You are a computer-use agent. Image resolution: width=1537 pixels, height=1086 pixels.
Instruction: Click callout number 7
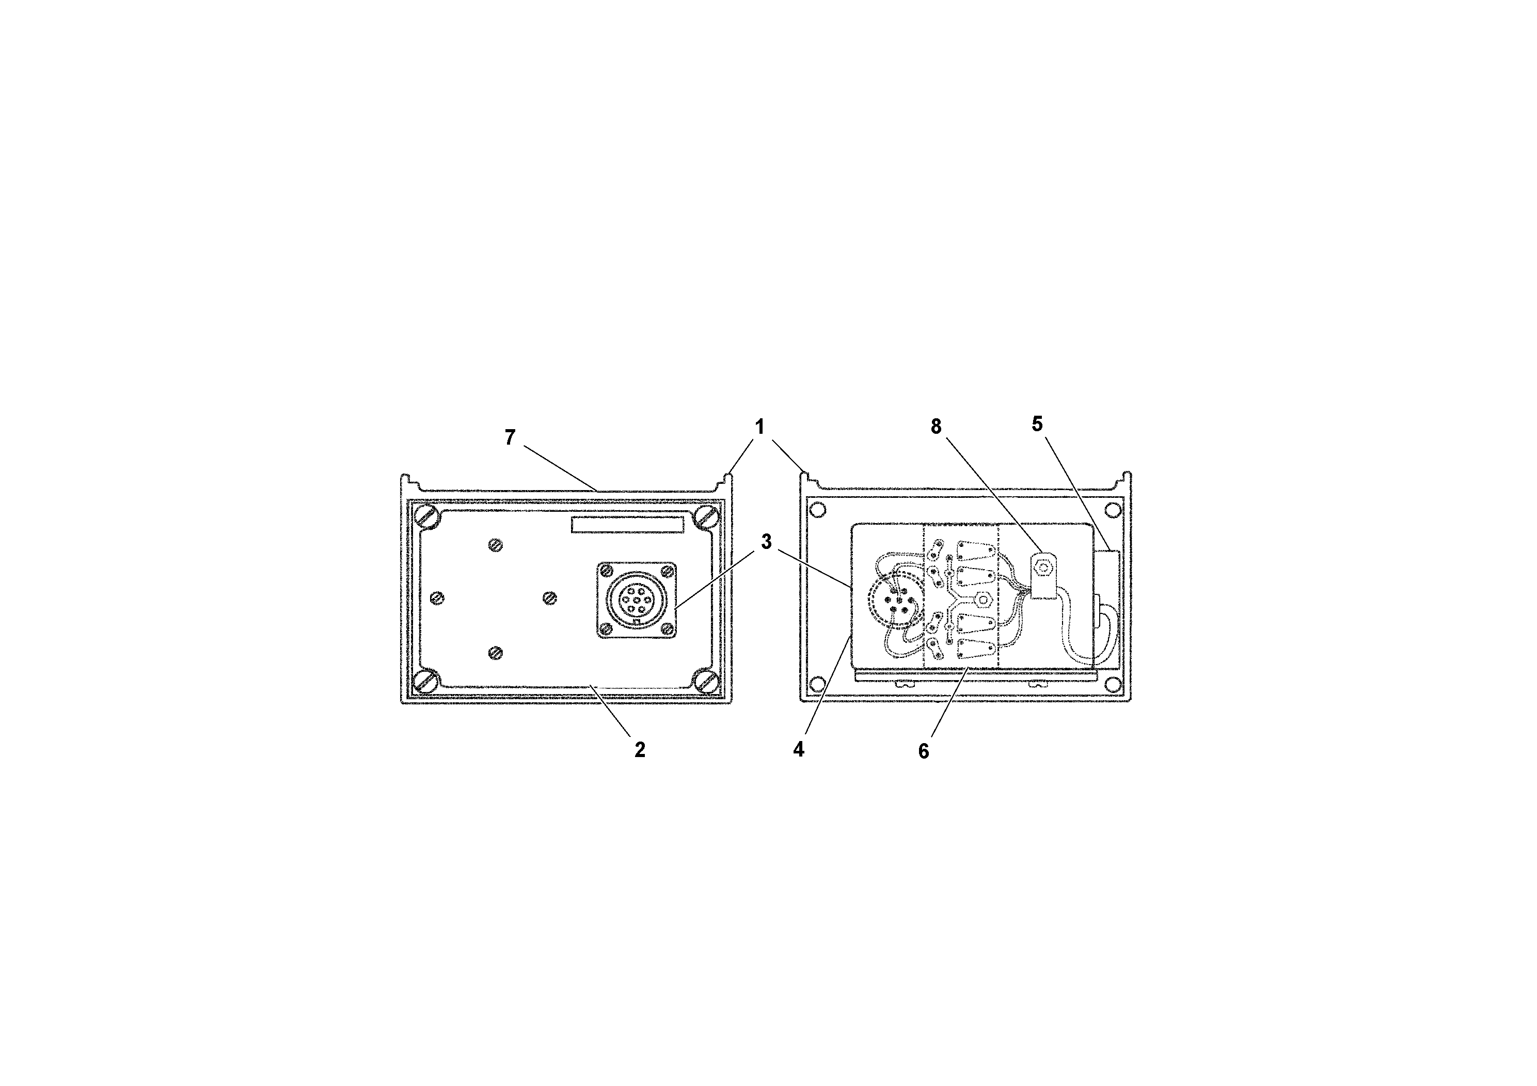(510, 438)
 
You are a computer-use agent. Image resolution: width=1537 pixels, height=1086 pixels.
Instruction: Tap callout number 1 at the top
(760, 427)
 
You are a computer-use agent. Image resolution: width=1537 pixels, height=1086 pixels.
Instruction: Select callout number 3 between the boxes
(767, 542)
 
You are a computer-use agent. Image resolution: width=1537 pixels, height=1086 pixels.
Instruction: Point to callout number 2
(640, 750)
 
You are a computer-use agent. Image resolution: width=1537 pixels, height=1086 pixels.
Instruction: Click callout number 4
(799, 749)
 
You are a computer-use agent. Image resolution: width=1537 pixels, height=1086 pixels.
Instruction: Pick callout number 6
(924, 751)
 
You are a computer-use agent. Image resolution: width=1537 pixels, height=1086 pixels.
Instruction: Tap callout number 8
(937, 427)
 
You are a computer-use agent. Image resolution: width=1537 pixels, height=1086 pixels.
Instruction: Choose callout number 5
(1037, 424)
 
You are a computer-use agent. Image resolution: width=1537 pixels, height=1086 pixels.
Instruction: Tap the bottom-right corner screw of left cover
(707, 682)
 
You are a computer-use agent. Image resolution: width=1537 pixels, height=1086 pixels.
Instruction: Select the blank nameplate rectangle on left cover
(628, 524)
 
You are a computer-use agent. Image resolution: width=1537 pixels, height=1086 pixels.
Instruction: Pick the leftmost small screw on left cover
(437, 598)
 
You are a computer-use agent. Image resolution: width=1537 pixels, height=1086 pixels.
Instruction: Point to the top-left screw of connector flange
(605, 571)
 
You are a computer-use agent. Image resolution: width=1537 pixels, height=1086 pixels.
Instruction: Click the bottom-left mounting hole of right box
(817, 684)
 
